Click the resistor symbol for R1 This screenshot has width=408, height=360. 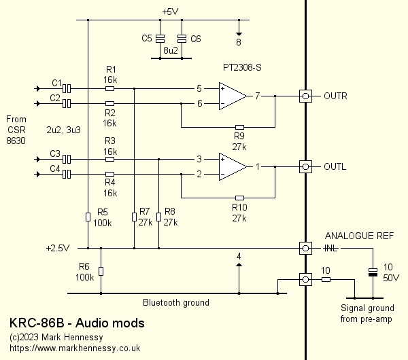[110, 88]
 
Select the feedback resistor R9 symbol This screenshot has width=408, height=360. [239, 127]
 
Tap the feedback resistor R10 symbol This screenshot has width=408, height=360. [239, 198]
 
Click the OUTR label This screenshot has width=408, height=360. [335, 96]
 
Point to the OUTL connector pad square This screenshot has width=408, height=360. [306, 166]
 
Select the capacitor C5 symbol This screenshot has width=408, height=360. [160, 39]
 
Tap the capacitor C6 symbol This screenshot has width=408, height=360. [182, 39]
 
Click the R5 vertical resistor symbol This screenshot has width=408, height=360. [88, 217]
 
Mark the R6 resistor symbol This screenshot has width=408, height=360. [101, 271]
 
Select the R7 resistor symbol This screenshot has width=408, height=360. [133, 217]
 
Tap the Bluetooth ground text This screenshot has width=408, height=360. [175, 302]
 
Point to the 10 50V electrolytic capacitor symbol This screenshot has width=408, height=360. [372, 272]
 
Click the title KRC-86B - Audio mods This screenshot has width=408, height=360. [77, 323]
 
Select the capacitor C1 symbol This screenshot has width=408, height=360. [67, 88]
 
